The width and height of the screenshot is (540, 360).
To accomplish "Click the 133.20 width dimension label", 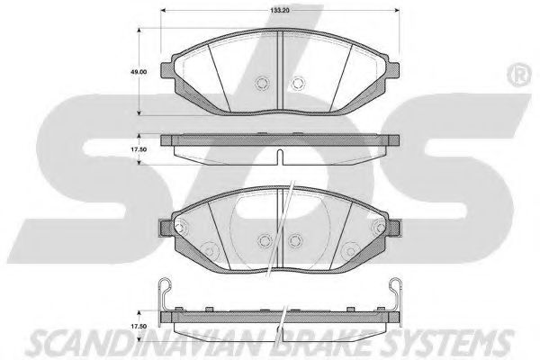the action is point(279,10).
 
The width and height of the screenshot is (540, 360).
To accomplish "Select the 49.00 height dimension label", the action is point(139,72).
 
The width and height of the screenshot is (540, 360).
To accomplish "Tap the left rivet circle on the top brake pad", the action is point(262,84).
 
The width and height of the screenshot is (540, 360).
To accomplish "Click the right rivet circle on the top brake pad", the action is point(298,84).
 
